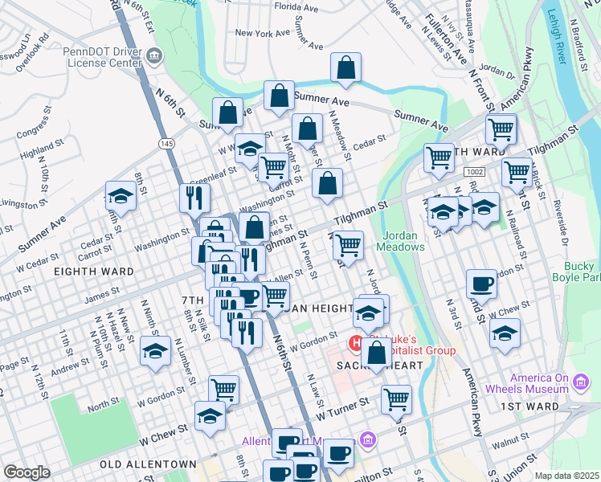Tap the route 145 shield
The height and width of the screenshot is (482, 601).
[166, 143]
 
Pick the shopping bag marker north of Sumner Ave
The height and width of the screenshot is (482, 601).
[345, 69]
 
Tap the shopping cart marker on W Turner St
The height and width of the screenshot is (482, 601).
[396, 398]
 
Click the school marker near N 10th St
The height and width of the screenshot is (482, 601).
[121, 196]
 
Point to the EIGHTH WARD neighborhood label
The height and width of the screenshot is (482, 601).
[94, 272]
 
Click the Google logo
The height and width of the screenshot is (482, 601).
[27, 472]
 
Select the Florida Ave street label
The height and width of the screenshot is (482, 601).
[298, 6]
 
